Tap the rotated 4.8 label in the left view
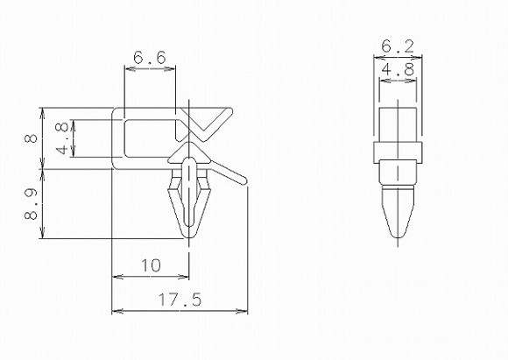61,139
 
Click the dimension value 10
150,265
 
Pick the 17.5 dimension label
180,300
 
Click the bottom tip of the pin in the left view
188,236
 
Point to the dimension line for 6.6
151,71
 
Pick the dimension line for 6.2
399,59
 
